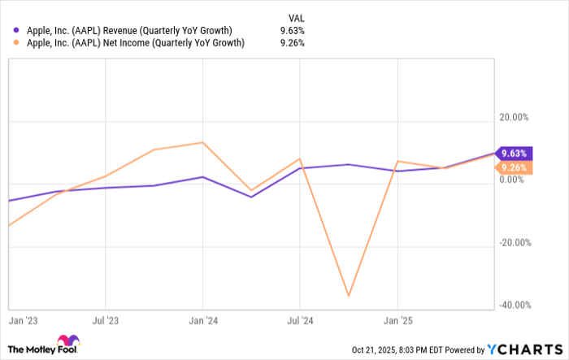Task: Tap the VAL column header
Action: coord(298,16)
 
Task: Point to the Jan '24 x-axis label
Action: coord(203,320)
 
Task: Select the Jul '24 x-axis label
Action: coord(301,320)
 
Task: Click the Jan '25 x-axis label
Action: coord(397,320)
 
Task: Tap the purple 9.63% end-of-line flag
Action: coord(514,153)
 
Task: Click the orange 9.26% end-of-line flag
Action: coord(514,168)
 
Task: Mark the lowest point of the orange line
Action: coord(349,296)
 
